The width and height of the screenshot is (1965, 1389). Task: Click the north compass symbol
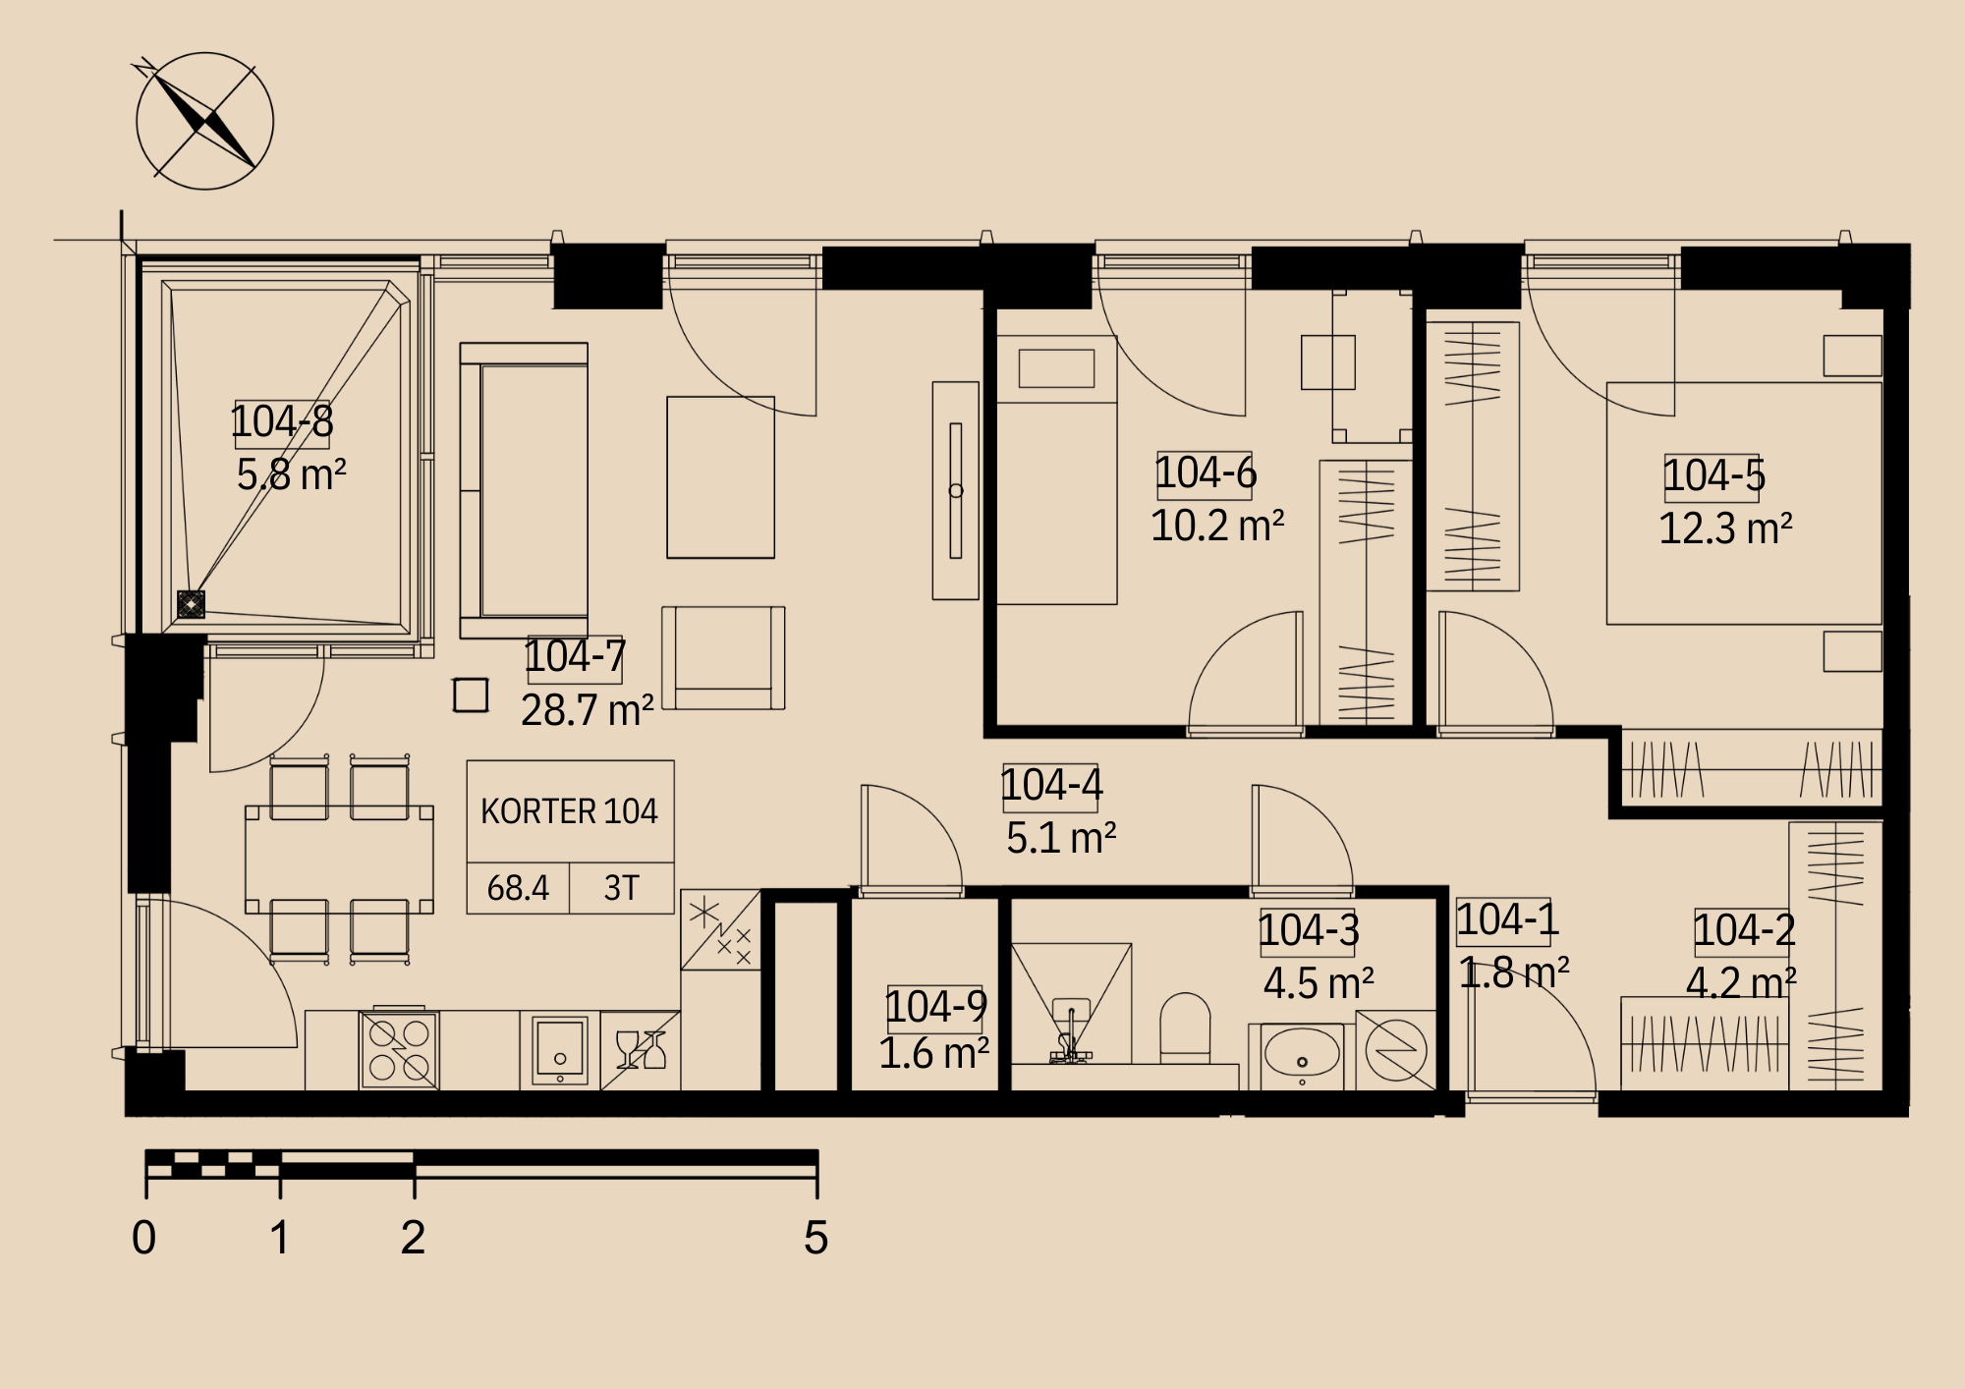[x=204, y=121]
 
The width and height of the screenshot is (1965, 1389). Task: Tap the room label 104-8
[x=282, y=421]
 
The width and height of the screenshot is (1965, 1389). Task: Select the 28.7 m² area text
[x=588, y=709]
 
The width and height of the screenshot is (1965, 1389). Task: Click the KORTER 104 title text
[x=569, y=811]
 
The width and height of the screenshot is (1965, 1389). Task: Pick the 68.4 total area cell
[x=518, y=888]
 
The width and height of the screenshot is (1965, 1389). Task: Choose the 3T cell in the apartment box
[x=621, y=888]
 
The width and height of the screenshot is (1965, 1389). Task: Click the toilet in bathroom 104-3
[x=1185, y=1028]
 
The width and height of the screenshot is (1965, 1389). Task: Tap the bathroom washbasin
[x=1302, y=1057]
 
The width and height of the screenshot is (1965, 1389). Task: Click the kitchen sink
[x=559, y=1050]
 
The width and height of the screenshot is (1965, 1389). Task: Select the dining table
[x=339, y=861]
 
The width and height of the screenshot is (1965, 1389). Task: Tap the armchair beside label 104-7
[x=723, y=657]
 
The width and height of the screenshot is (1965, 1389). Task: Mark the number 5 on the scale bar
[x=815, y=1237]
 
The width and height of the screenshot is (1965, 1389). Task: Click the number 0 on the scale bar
[x=144, y=1237]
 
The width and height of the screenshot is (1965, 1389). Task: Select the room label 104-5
[x=1714, y=475]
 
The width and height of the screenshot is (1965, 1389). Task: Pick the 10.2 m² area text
[x=1217, y=526]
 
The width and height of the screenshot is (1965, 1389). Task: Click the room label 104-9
[x=936, y=1006]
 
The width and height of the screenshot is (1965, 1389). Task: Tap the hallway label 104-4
[x=1051, y=786]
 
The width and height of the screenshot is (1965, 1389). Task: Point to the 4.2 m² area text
[x=1741, y=982]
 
